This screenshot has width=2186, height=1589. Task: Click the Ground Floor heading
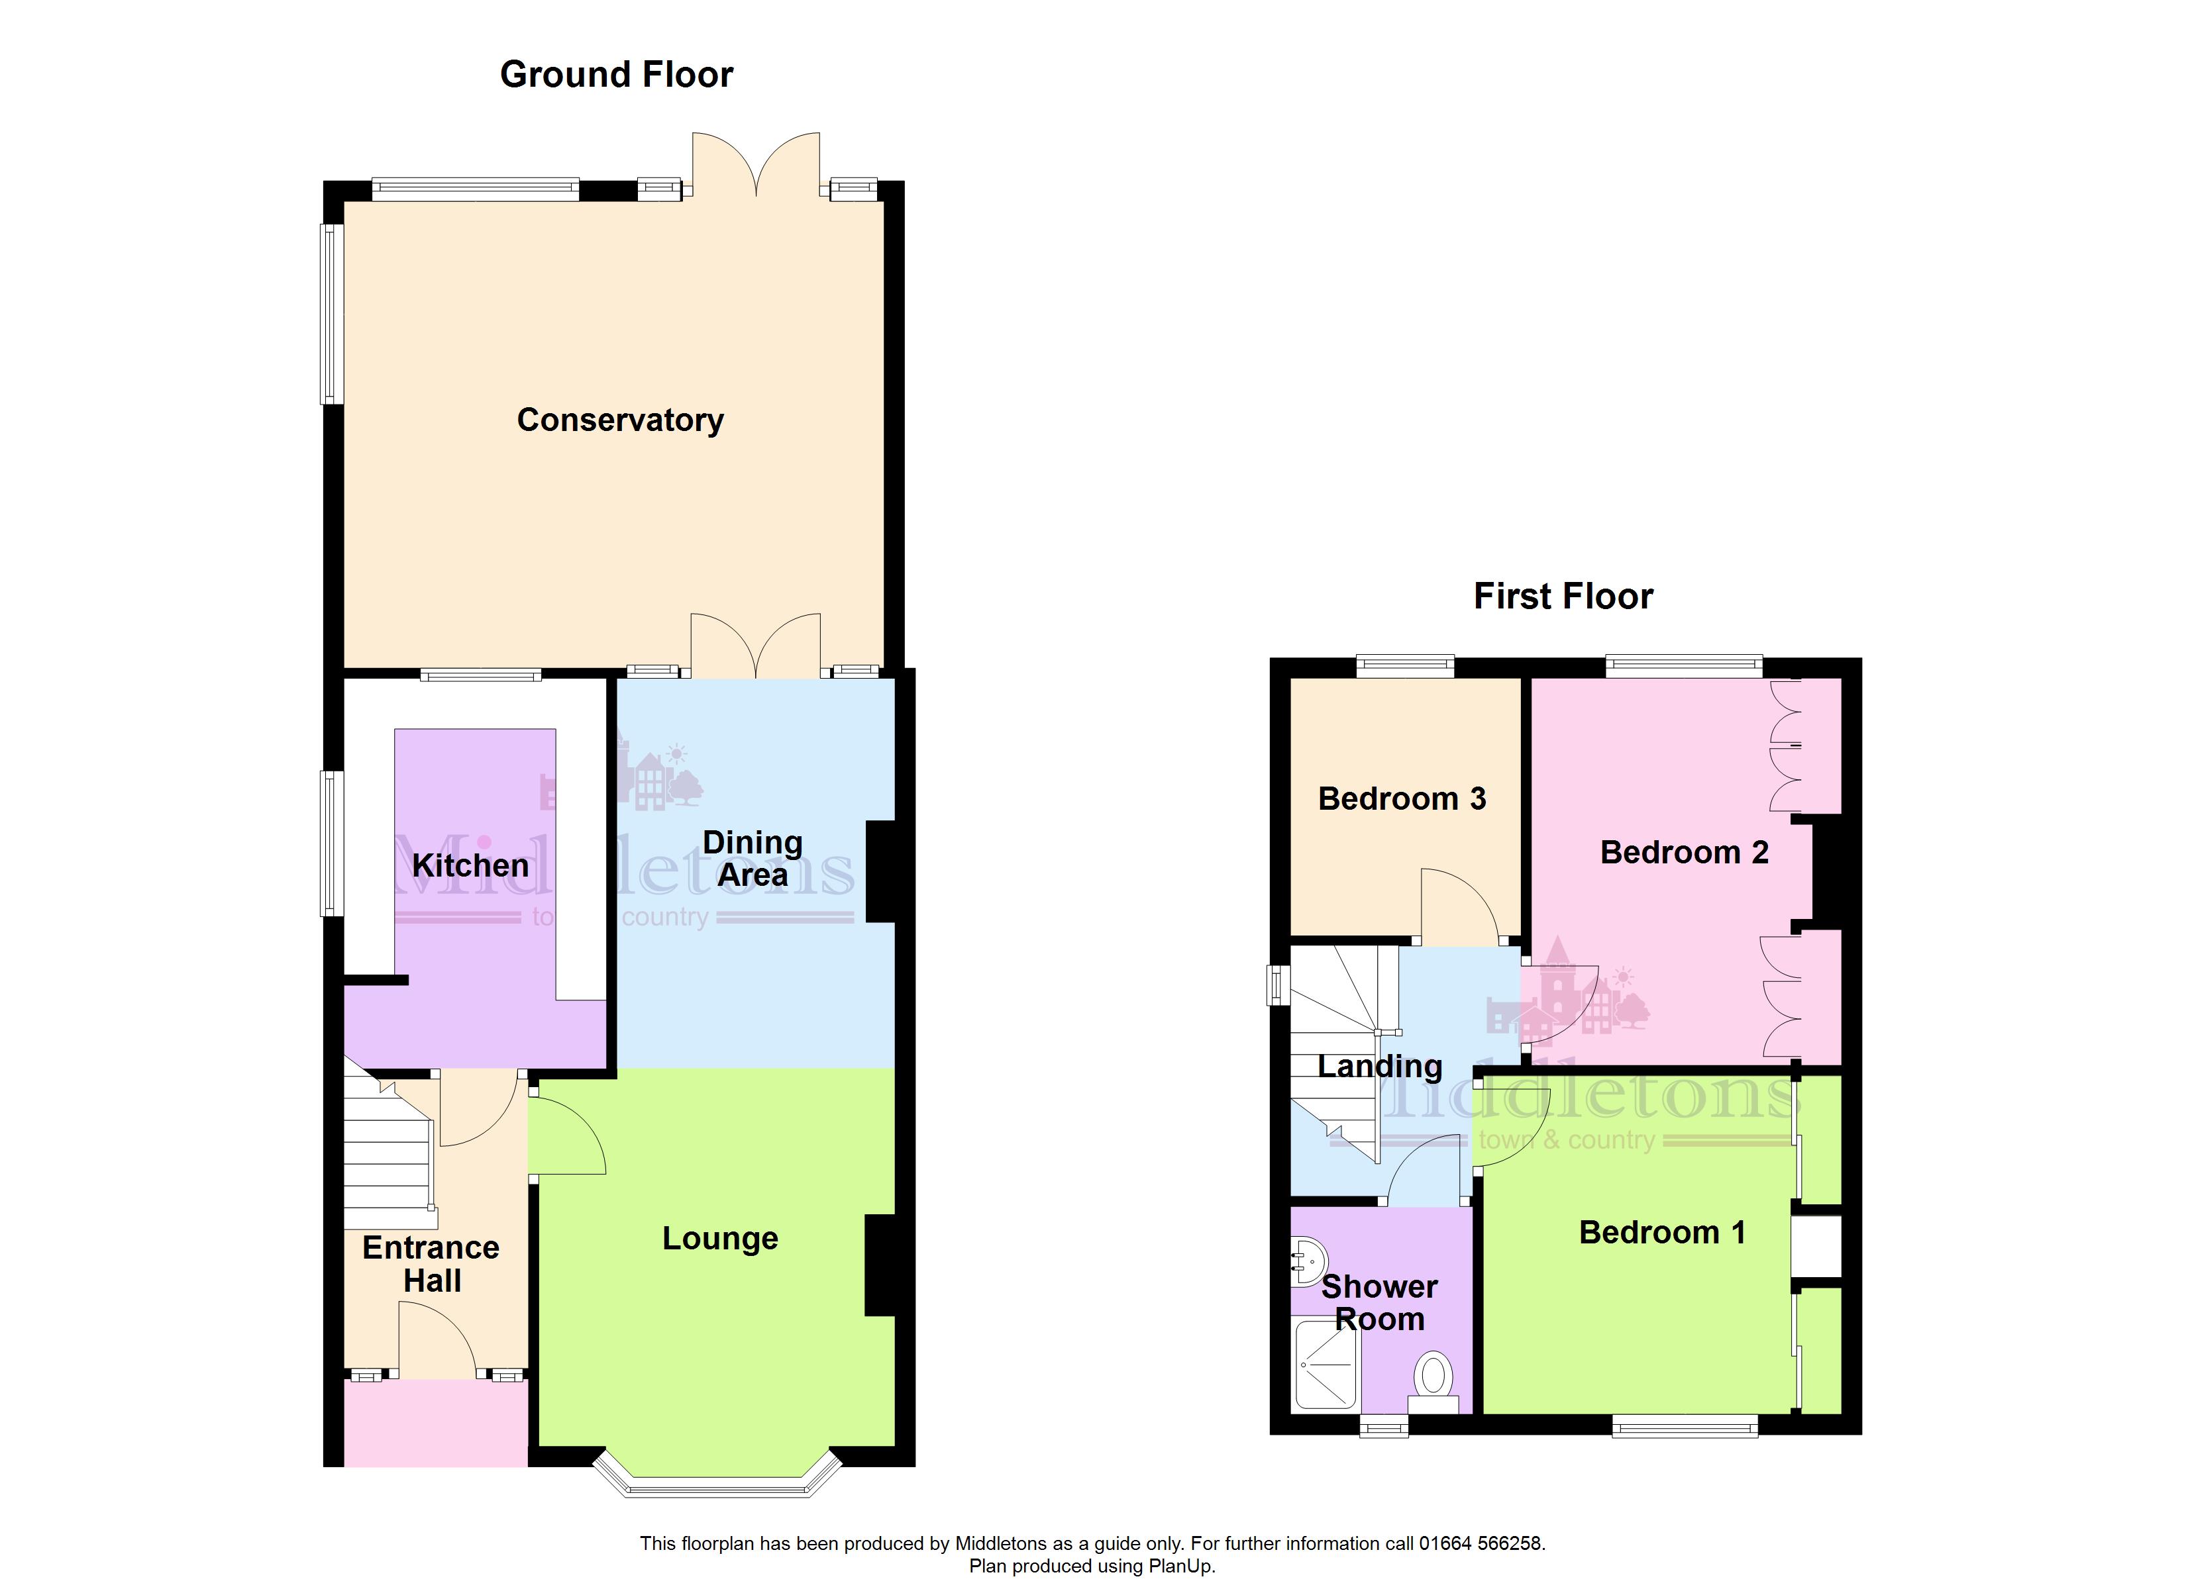pos(616,74)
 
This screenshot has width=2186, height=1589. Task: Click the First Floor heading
pos(1563,597)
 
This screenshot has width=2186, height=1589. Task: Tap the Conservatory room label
pos(620,420)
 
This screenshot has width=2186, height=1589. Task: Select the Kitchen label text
pos(470,865)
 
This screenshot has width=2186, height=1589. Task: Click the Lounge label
pos(720,1238)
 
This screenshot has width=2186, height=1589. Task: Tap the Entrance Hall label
pos(431,1265)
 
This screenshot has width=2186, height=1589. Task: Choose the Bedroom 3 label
pos(1402,799)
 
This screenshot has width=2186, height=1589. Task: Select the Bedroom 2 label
pos(1684,853)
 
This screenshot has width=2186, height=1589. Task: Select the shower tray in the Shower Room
pos(1326,1365)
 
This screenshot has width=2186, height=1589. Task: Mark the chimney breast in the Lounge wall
pos(880,1265)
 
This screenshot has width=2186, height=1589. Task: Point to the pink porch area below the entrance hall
pos(436,1424)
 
